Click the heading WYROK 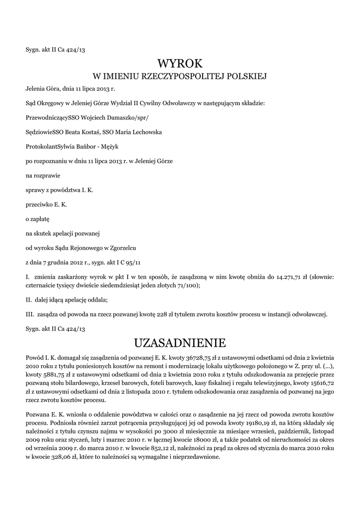[x=180, y=63]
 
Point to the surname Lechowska [x=142, y=132]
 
